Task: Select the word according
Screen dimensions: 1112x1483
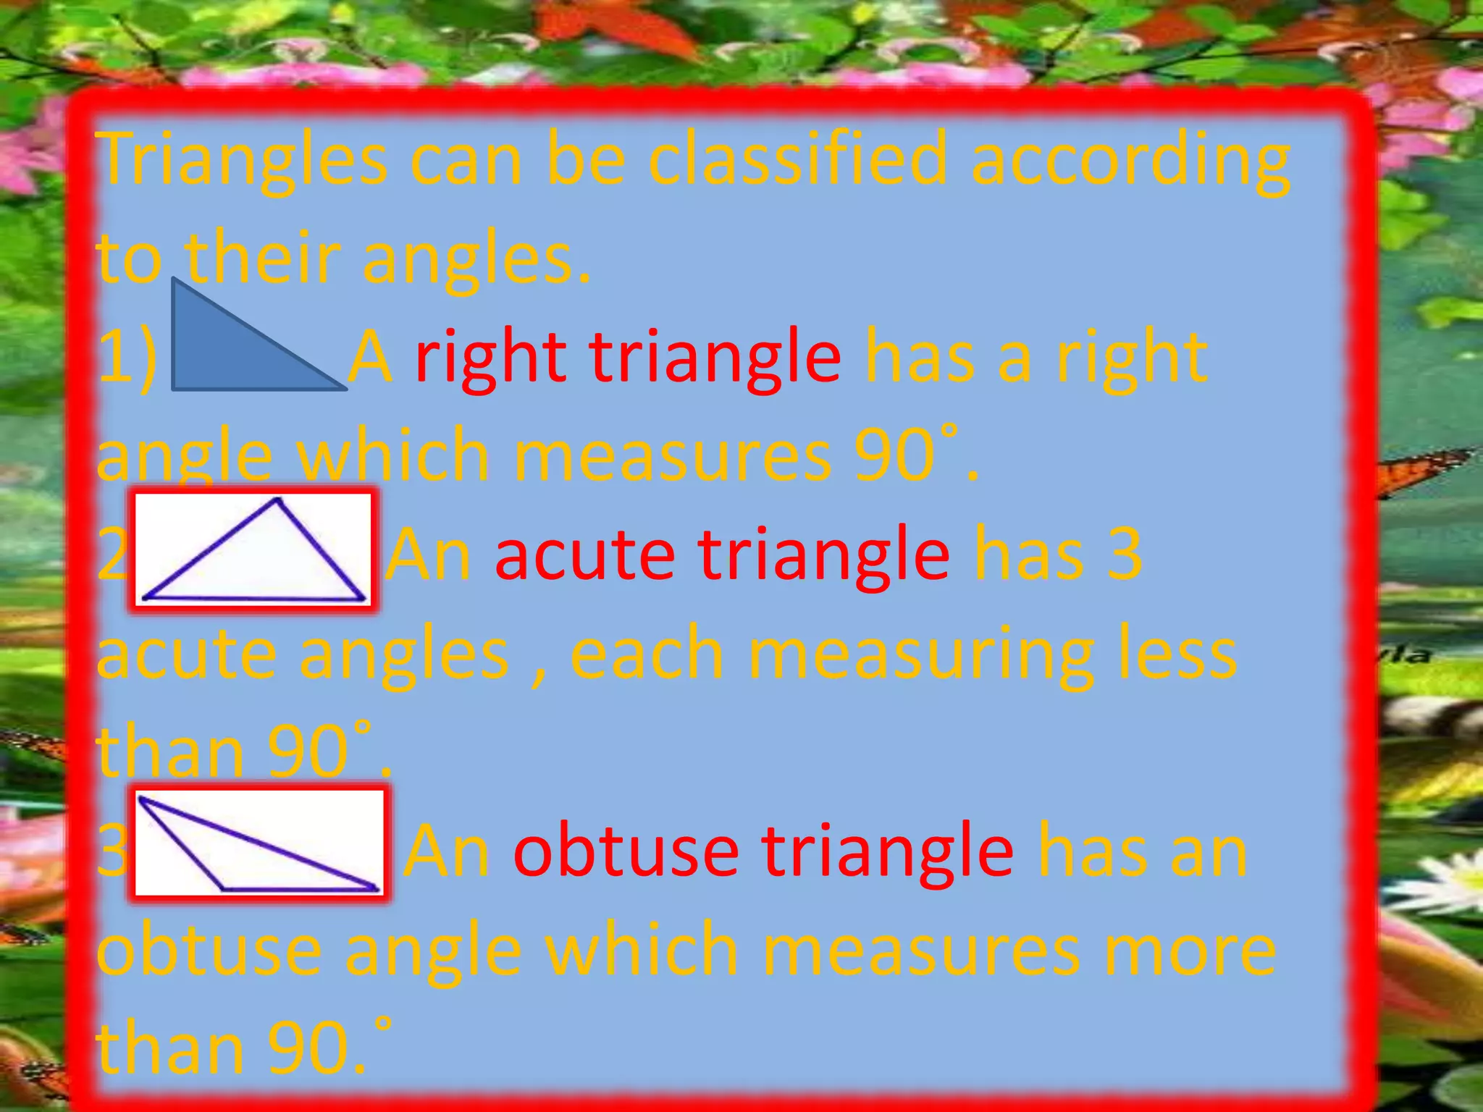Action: click(1130, 161)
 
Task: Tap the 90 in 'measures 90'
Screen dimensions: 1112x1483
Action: click(895, 456)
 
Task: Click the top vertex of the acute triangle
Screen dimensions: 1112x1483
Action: click(277, 500)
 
